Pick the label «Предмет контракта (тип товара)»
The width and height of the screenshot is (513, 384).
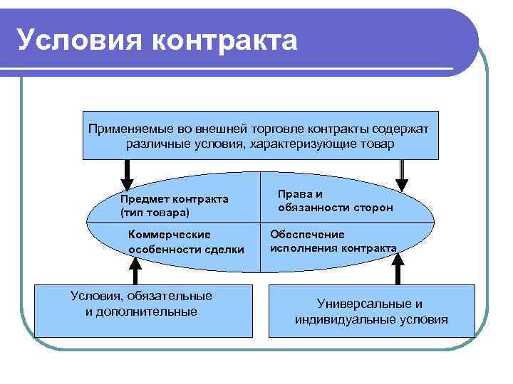tap(174, 206)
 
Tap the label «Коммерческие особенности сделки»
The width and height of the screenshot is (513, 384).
tap(185, 242)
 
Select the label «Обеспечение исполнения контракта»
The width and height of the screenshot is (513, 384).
tap(333, 241)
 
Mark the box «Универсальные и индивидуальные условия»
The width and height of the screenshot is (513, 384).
tap(370, 311)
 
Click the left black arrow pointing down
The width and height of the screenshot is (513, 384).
tap(128, 175)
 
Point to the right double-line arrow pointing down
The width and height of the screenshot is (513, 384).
tap(402, 175)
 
